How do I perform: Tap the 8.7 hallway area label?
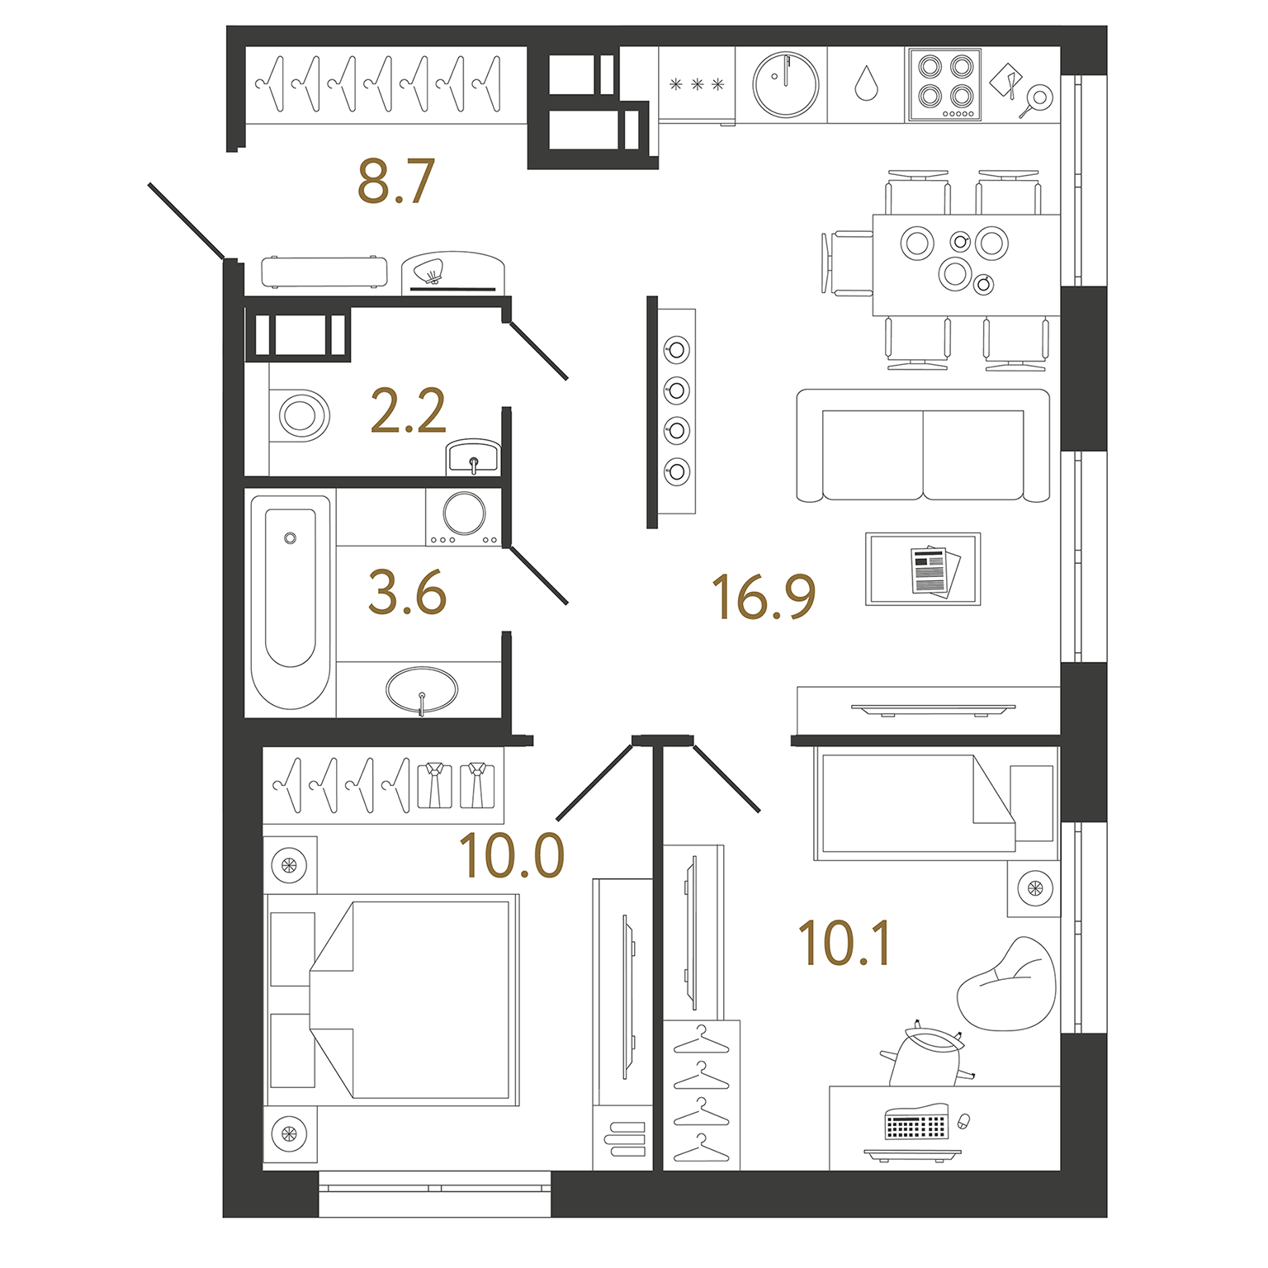[x=395, y=182]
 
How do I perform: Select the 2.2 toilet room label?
[x=408, y=411]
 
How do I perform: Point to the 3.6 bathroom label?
[x=407, y=593]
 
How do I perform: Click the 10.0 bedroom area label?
[x=512, y=855]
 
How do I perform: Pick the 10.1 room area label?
[x=845, y=944]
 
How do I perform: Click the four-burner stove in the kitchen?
[x=945, y=85]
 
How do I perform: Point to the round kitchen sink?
[x=786, y=84]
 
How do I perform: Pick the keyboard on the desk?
[x=915, y=1124]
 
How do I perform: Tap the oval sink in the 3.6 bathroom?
[x=422, y=689]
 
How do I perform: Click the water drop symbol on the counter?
[x=866, y=83]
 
